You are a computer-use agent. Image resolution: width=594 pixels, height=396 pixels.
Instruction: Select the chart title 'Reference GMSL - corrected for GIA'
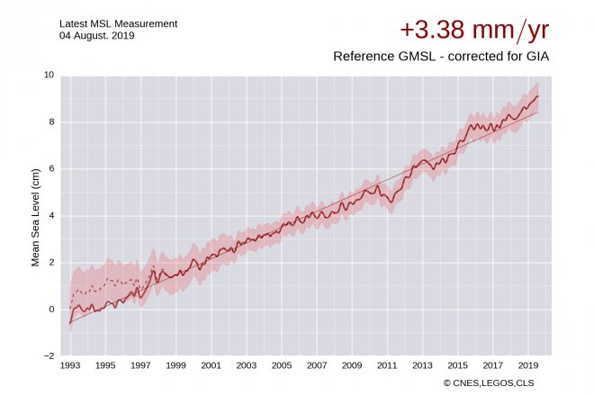point(441,56)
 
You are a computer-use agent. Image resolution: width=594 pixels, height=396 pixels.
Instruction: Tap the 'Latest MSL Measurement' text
point(119,22)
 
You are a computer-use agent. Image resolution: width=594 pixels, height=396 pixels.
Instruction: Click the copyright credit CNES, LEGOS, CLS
point(495,383)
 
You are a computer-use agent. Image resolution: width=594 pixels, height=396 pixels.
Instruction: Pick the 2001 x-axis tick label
point(211,365)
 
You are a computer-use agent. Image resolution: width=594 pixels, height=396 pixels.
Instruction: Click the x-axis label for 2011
point(387,365)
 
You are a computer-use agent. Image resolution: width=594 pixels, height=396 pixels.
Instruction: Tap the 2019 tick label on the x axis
point(528,365)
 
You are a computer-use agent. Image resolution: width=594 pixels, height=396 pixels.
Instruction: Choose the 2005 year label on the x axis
point(282,365)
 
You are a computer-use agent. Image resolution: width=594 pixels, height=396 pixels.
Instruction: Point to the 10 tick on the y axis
point(49,75)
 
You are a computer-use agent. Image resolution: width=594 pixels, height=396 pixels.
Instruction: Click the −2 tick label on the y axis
point(49,356)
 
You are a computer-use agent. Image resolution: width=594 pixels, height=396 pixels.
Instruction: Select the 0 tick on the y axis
point(51,310)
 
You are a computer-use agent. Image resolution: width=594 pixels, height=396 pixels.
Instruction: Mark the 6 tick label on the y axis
point(51,168)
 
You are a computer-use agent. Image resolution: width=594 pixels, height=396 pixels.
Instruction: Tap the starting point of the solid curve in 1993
point(69,323)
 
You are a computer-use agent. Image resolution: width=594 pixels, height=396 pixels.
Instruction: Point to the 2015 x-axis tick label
point(457,365)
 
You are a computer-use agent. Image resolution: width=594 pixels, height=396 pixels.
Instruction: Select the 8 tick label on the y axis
point(51,121)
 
